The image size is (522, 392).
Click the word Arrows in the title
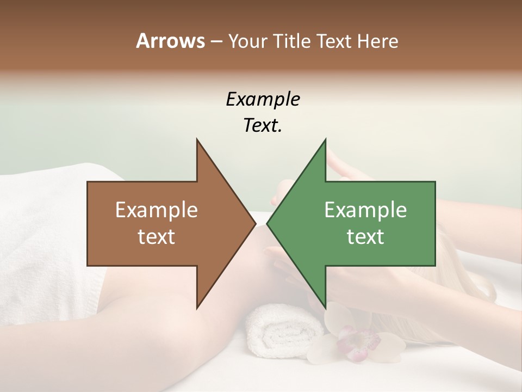[170, 41]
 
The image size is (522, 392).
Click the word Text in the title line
[334, 41]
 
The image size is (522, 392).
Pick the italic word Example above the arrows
[263, 99]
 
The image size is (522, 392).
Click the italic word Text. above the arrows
[263, 125]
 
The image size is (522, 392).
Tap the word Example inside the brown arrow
[157, 210]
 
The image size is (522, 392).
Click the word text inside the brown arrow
[157, 236]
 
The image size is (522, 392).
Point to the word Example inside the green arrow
[365, 210]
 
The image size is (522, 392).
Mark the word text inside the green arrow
[365, 236]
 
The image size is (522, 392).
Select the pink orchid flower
[356, 343]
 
